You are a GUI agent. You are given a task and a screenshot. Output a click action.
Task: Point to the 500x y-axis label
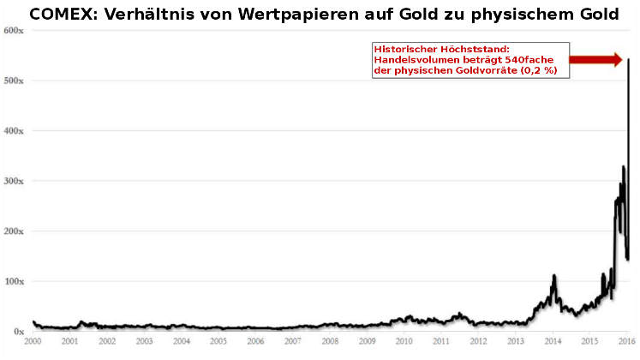[13, 81]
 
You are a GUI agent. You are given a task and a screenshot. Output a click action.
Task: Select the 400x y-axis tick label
[13, 131]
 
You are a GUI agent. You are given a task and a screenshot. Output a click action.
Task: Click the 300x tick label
[13, 181]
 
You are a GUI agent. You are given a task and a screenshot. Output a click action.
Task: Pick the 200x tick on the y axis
[13, 231]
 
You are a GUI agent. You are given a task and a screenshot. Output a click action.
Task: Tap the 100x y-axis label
[13, 281]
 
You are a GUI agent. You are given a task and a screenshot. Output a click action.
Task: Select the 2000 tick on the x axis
[33, 341]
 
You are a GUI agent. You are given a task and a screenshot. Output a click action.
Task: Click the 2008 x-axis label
[330, 341]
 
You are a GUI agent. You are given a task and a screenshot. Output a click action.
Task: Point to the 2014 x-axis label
[553, 341]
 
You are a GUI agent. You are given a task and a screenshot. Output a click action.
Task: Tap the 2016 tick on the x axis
[626, 341]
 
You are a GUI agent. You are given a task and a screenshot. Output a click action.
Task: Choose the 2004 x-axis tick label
[182, 341]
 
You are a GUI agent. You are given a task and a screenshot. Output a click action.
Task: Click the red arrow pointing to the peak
[596, 59]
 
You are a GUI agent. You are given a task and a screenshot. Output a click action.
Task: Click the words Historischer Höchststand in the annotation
[429, 50]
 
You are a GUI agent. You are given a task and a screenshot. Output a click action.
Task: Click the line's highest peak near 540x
[629, 60]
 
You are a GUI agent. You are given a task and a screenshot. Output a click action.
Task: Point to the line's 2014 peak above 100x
[553, 276]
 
